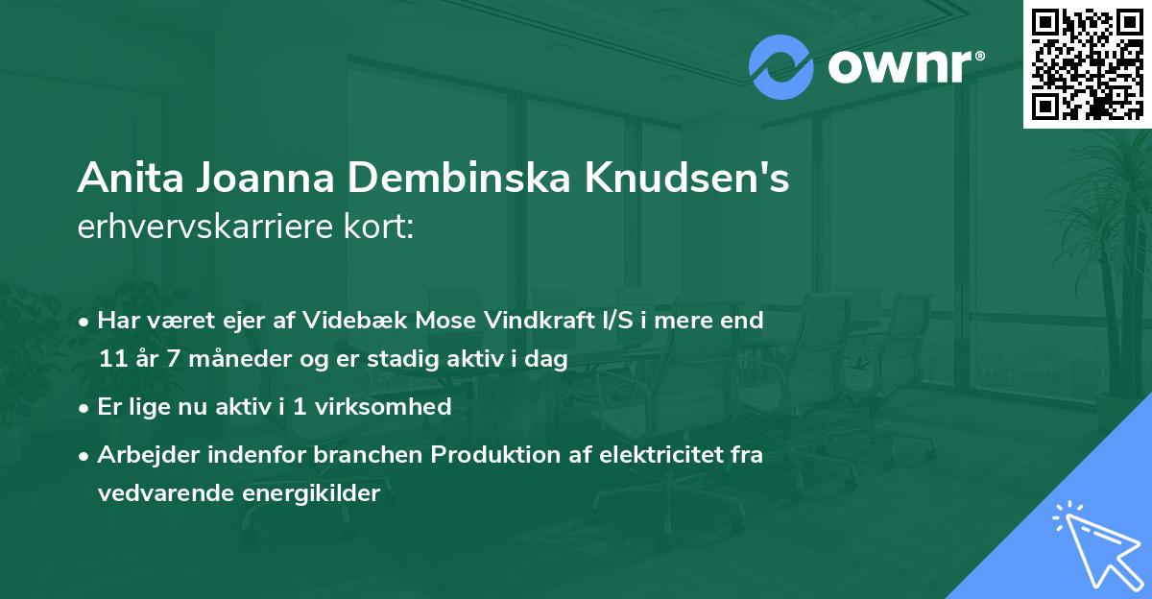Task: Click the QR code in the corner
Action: point(1087,63)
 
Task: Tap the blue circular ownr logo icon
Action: point(781,67)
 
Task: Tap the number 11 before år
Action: point(110,359)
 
